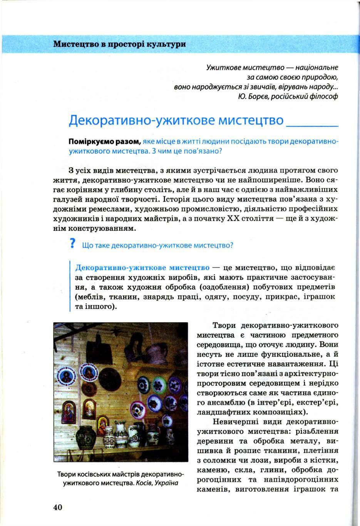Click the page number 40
point(57,507)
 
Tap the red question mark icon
point(72,244)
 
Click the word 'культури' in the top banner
point(168,44)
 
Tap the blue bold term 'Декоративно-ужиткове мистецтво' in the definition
point(142,267)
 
